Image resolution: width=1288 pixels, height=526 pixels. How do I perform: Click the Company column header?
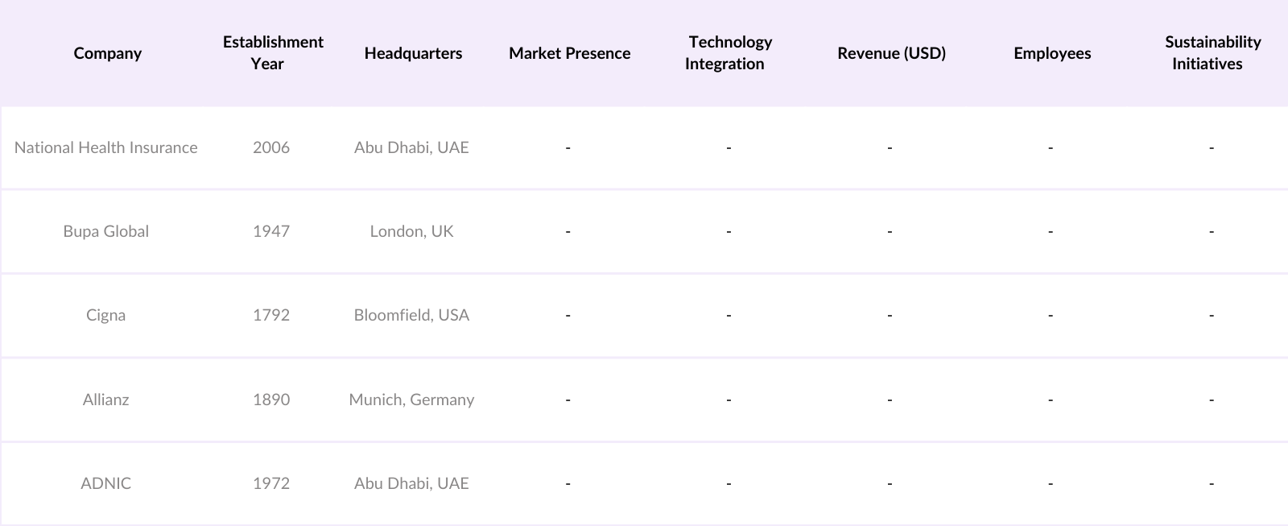point(107,53)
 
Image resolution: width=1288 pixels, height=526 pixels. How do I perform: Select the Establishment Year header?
point(273,52)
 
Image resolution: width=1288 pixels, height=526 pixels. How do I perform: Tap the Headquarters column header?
point(413,53)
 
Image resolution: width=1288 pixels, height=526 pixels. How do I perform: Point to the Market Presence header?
point(569,53)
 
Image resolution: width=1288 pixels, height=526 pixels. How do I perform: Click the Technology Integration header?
point(729,52)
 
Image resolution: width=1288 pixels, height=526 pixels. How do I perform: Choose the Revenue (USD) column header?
point(891,53)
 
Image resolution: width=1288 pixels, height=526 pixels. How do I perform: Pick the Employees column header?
point(1052,53)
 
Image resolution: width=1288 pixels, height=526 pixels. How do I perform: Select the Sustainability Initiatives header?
point(1212,52)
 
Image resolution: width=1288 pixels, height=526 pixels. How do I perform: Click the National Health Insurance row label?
point(105,147)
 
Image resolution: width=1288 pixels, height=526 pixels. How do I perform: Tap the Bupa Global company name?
point(105,231)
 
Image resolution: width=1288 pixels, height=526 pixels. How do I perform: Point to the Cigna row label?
point(105,315)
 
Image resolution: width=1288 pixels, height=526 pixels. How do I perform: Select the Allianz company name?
point(105,400)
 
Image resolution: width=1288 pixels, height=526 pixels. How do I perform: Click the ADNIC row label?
point(105,483)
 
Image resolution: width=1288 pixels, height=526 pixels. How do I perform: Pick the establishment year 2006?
point(271,147)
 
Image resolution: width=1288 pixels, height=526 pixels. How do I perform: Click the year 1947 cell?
point(271,231)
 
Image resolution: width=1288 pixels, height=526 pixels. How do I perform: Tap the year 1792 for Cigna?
point(271,315)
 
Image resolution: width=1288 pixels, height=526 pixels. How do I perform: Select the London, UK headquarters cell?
point(411,231)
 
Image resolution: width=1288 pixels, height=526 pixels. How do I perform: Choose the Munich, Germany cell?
point(411,400)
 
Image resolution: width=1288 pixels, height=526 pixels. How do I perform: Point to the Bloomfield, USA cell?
point(411,315)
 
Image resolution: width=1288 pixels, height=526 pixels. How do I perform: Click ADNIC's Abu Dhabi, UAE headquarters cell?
point(411,483)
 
